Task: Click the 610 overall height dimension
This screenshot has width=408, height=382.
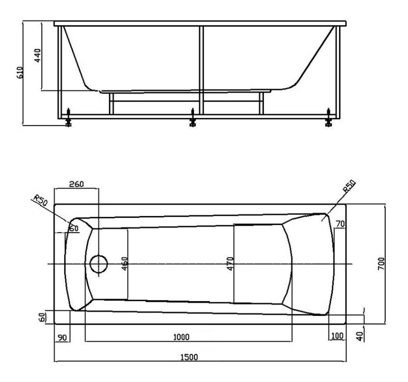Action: pos(20,72)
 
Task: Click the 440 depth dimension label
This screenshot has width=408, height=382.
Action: pos(38,55)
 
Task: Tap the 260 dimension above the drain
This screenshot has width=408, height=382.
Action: pos(77,184)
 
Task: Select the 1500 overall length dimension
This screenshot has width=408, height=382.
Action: pos(189,357)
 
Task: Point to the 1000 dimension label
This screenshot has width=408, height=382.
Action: pos(182,337)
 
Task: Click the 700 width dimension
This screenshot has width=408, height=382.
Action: pos(381,264)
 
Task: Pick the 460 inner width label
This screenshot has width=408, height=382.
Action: pos(124,264)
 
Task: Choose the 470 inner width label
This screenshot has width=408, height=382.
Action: pos(230,264)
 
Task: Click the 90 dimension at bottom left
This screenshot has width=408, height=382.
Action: pos(62,338)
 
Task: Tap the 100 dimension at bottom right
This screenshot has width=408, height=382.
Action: pos(337,336)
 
